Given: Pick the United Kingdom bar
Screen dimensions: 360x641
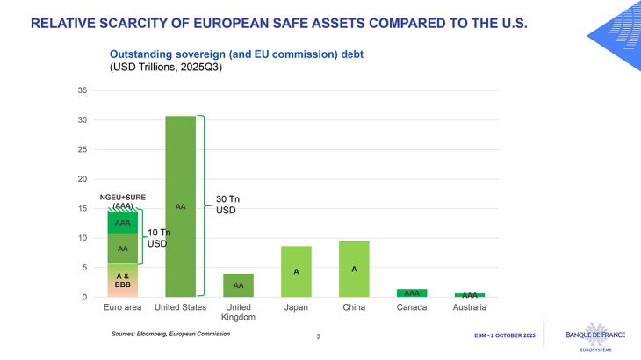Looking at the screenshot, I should coord(238,284).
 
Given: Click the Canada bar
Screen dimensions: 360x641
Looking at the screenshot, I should coord(412,292).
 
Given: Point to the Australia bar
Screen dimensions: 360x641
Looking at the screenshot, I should coord(470,295).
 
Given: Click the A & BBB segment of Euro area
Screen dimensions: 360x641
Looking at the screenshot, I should coord(122,280).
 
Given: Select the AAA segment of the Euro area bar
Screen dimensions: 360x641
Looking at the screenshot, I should coord(122,223).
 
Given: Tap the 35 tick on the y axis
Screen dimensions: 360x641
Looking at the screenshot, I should coord(82,90).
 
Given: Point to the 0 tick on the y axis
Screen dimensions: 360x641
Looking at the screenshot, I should coord(84,297).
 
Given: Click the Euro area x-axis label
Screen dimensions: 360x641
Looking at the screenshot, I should coord(122,308).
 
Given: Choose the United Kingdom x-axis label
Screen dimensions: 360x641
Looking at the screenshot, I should coord(238,313).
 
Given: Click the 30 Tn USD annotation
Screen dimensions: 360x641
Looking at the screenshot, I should coord(227,205).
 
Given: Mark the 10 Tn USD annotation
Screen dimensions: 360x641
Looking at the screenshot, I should coord(158,238).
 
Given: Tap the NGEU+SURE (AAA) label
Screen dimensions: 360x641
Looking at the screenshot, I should coord(122,201).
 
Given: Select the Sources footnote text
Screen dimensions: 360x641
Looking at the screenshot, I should coord(170,334).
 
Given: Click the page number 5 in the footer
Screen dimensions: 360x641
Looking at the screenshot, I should coord(318,335).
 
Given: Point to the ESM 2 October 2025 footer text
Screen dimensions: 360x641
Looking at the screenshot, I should coord(504,335).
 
